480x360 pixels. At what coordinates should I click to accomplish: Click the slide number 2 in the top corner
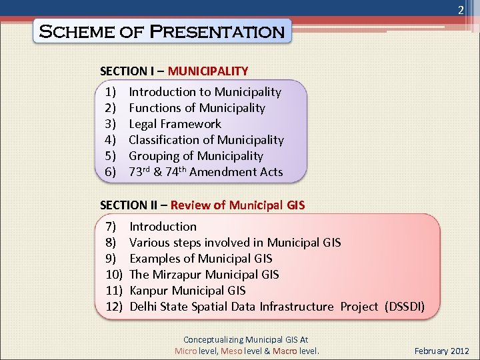tap(460, 11)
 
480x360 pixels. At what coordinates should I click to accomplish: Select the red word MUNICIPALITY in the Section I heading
tap(208, 71)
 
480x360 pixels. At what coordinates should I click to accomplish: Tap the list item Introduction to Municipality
tap(205, 92)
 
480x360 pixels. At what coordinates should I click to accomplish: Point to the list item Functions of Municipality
tap(197, 108)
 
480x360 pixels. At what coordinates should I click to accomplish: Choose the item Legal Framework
tap(175, 124)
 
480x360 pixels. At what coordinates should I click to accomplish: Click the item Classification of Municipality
tap(206, 140)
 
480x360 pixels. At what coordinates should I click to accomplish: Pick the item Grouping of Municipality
tap(195, 156)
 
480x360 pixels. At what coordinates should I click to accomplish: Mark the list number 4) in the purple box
tap(111, 140)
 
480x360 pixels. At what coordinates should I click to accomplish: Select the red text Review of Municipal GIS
tap(237, 205)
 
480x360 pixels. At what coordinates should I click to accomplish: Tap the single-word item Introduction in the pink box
tap(163, 227)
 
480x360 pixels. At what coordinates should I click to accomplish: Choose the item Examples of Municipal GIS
tap(201, 259)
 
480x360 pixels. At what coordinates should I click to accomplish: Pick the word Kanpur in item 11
tap(149, 291)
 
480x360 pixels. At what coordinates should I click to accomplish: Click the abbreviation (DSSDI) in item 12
tap(403, 307)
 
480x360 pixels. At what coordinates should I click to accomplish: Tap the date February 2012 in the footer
tap(441, 351)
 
